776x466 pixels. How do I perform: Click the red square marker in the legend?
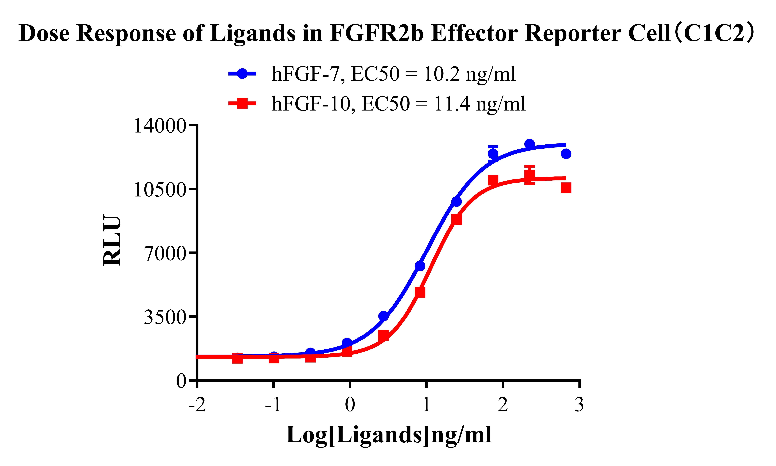(242, 103)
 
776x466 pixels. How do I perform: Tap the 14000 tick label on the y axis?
(160, 126)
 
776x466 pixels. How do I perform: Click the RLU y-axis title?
(112, 241)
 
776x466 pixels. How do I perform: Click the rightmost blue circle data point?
(566, 154)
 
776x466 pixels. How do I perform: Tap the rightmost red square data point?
(566, 188)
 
